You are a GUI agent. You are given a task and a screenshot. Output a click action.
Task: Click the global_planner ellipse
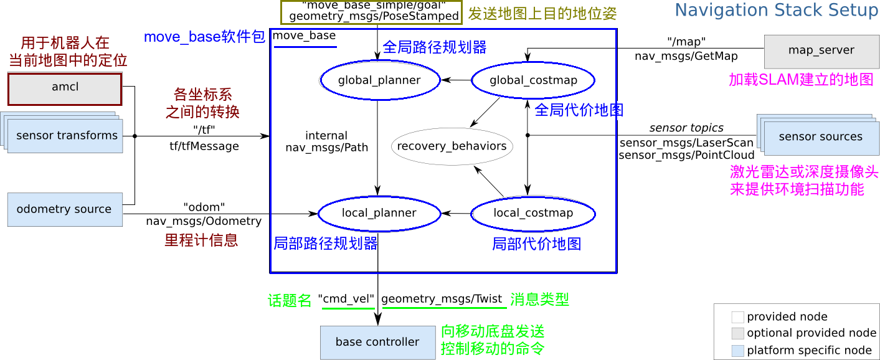pos(379,80)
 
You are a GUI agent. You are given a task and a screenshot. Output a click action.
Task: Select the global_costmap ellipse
pos(533,80)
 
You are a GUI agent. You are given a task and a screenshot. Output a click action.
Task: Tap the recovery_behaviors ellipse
pos(452,147)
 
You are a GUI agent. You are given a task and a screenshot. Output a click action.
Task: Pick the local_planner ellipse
pos(379,213)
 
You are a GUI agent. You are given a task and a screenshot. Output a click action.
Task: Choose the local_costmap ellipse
pos(533,213)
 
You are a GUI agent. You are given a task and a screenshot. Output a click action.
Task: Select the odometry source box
pos(65,209)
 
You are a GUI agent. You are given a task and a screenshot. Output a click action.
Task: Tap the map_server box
pos(821,51)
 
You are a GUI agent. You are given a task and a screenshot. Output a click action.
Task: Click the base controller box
pos(377,342)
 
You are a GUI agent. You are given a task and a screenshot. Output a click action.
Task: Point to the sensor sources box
pos(821,137)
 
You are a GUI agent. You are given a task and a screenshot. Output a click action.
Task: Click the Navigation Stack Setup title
pos(776,11)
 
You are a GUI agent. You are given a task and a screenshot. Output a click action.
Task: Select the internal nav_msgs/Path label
pos(327,142)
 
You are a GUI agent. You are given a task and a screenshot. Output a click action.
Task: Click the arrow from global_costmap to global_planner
pos(456,80)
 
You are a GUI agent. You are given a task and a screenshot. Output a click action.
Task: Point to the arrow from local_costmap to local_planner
pos(456,213)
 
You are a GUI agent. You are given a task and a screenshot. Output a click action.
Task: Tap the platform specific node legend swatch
pos(737,351)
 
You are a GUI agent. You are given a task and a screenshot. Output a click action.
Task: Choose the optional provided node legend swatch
pos(737,333)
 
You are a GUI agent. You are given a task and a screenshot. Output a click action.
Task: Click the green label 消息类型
pos(539,300)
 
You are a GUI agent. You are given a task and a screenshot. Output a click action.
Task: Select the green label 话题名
pos(290,300)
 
